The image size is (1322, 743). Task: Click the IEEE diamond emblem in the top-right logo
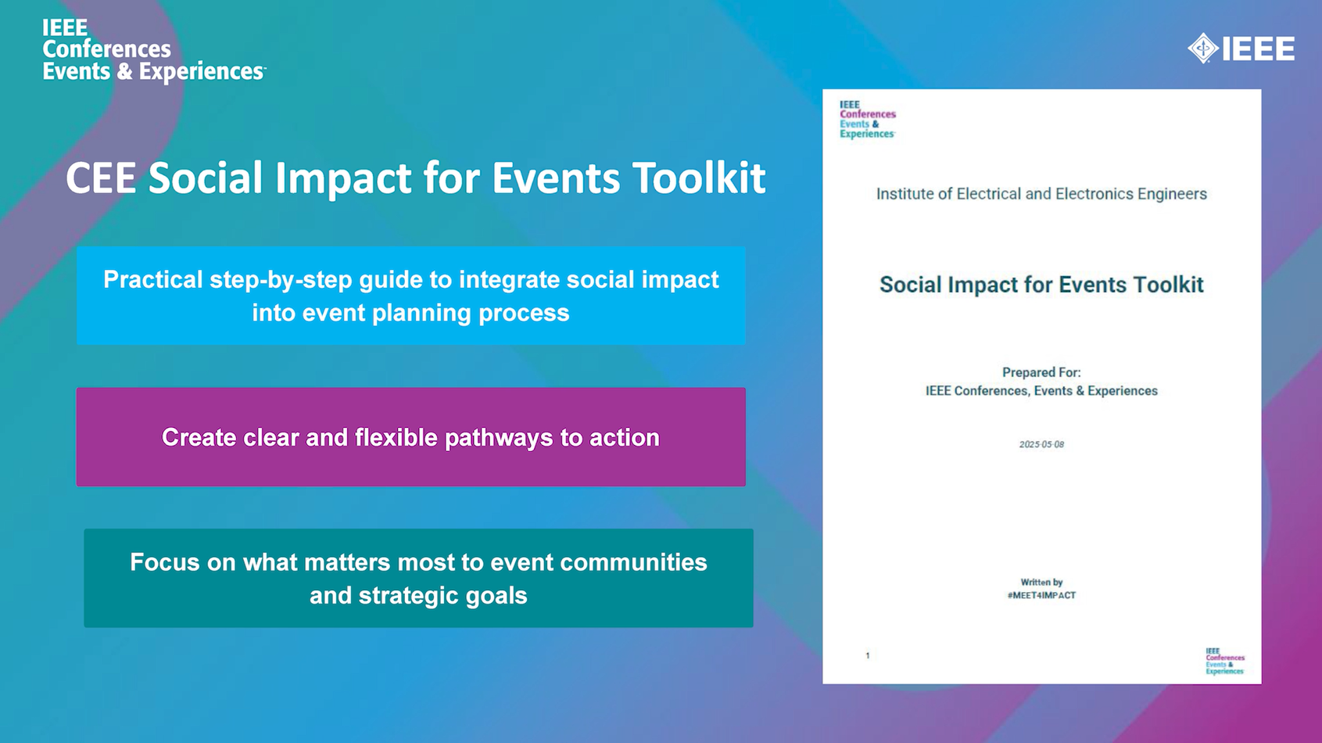tap(1203, 48)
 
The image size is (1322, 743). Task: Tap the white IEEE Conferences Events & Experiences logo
tap(154, 50)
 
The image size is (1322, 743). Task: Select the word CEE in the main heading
tap(100, 178)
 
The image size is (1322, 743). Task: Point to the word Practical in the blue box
tap(153, 279)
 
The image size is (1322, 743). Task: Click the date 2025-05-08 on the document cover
tap(1041, 444)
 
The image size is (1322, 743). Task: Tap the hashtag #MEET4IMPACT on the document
tap(1041, 595)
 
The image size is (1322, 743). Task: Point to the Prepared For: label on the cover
tap(1041, 373)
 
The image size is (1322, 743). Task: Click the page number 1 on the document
tap(868, 655)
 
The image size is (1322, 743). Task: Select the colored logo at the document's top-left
tap(868, 120)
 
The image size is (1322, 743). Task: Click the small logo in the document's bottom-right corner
tap(1225, 662)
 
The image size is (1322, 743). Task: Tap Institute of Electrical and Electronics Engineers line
tap(1041, 194)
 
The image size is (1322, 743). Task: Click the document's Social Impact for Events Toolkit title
tap(1041, 285)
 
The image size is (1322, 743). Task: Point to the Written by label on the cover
tap(1041, 583)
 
